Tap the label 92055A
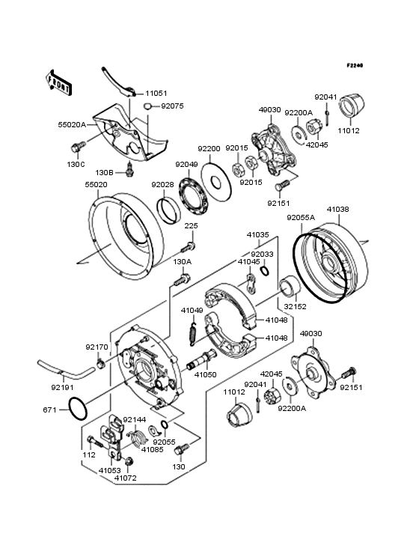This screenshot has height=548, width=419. [x=301, y=219]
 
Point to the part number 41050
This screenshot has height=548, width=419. [x=206, y=374]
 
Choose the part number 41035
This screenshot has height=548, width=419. [x=258, y=234]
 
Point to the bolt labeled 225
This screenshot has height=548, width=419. [x=191, y=246]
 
